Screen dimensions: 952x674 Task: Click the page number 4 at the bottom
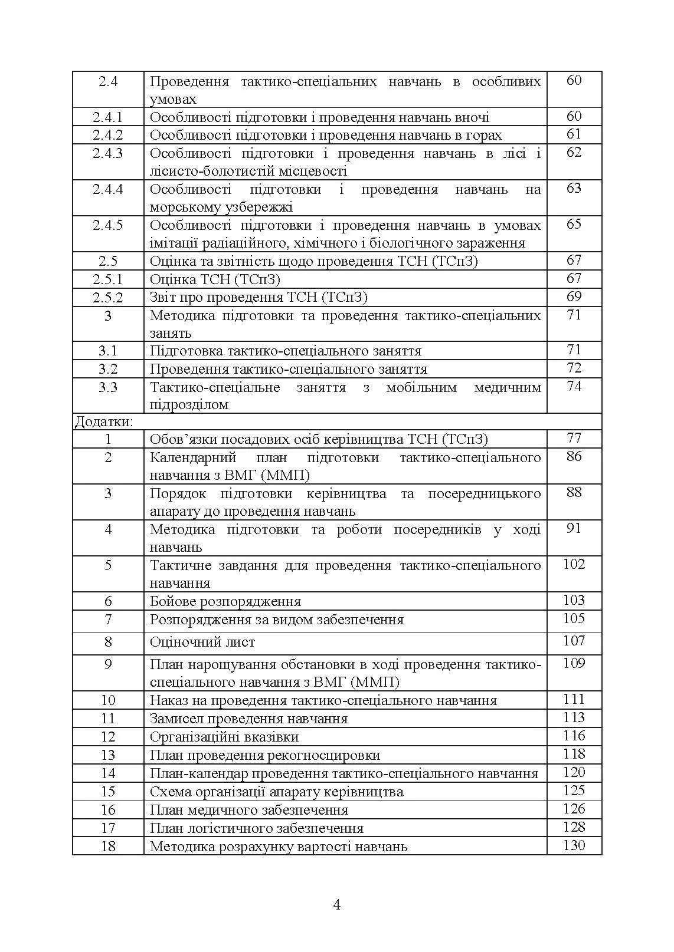(x=337, y=904)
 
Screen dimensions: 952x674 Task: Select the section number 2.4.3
(x=107, y=153)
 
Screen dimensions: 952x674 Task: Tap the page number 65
(x=574, y=225)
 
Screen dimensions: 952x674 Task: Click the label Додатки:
(x=104, y=422)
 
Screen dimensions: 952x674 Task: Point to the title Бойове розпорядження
(x=225, y=602)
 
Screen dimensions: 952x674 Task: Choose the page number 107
(x=574, y=641)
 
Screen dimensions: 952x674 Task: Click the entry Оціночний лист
(x=202, y=643)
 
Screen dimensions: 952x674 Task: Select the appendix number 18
(x=108, y=846)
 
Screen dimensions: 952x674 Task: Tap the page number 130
(x=574, y=846)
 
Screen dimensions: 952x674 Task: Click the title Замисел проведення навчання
(x=248, y=719)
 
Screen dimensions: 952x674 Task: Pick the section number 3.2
(x=108, y=369)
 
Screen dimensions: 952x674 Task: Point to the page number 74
(x=574, y=387)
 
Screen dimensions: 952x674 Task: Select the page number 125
(x=574, y=791)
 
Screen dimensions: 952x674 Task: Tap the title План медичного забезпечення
(x=249, y=811)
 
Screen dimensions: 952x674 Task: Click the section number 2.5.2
(x=107, y=297)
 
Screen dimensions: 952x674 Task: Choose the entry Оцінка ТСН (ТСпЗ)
(x=215, y=279)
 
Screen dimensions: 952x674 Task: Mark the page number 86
(x=574, y=457)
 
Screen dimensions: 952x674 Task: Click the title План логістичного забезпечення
(x=257, y=829)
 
